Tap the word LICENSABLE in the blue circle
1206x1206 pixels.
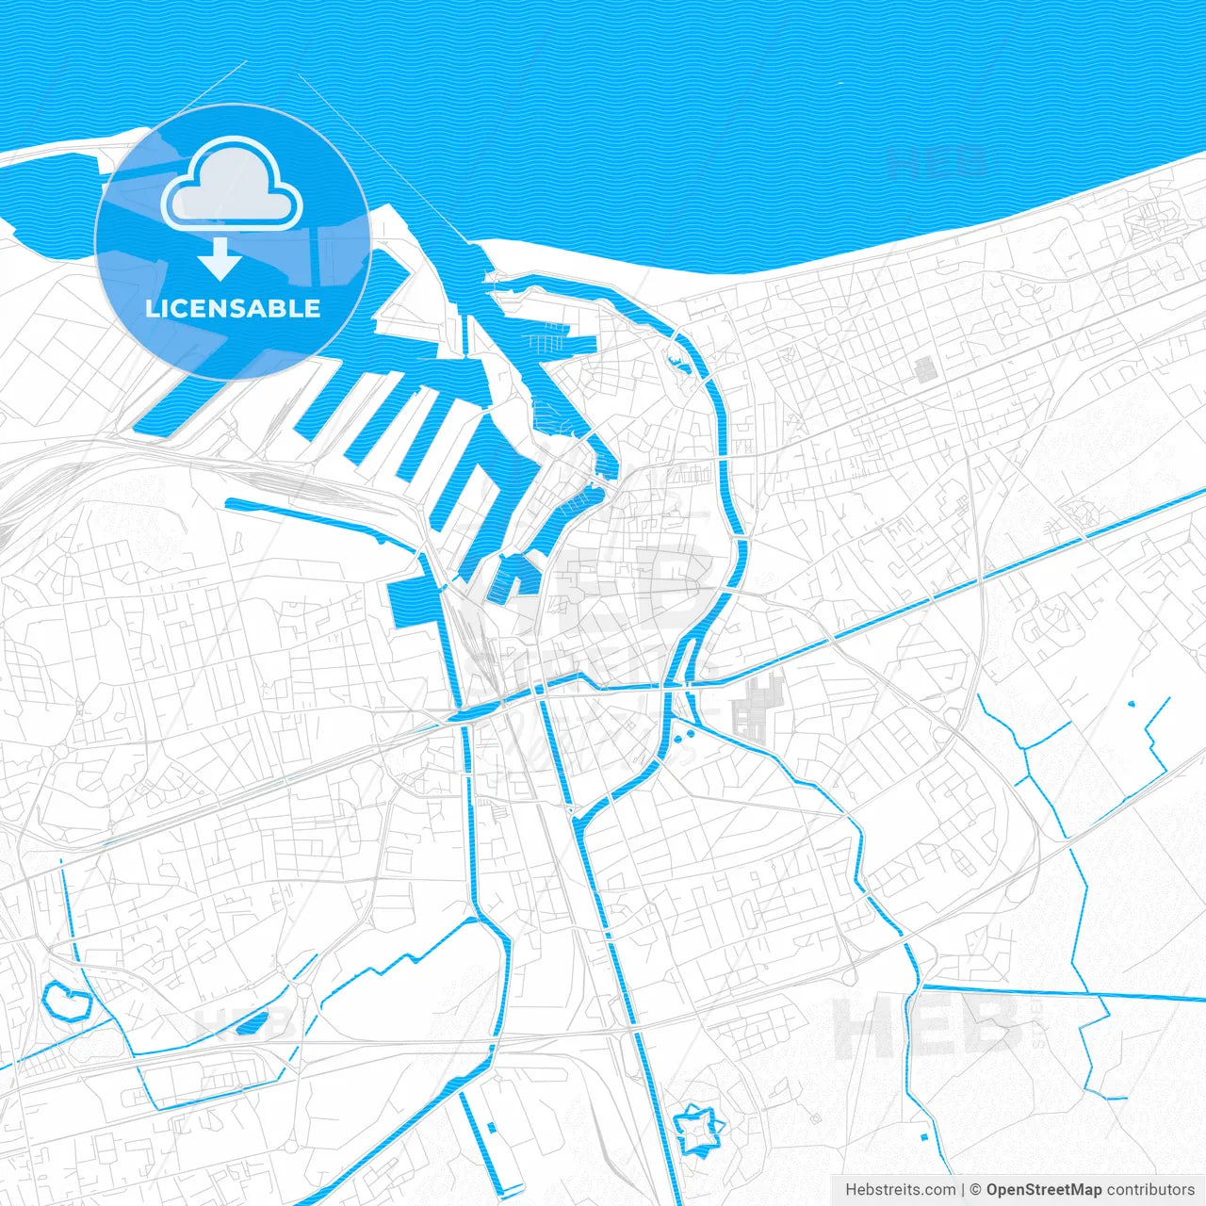tap(233, 308)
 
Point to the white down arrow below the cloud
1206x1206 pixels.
tap(221, 259)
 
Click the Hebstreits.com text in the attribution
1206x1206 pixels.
tap(901, 1190)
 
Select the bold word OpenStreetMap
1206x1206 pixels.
tap(1044, 1190)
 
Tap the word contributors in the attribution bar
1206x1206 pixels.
tap(1150, 1190)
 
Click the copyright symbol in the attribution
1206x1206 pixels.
tap(976, 1190)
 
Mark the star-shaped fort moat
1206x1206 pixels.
tap(698, 1127)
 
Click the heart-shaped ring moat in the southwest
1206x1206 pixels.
tap(65, 999)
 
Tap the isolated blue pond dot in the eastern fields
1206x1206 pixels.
tap(1132, 703)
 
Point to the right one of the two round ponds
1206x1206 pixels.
tap(692, 732)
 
